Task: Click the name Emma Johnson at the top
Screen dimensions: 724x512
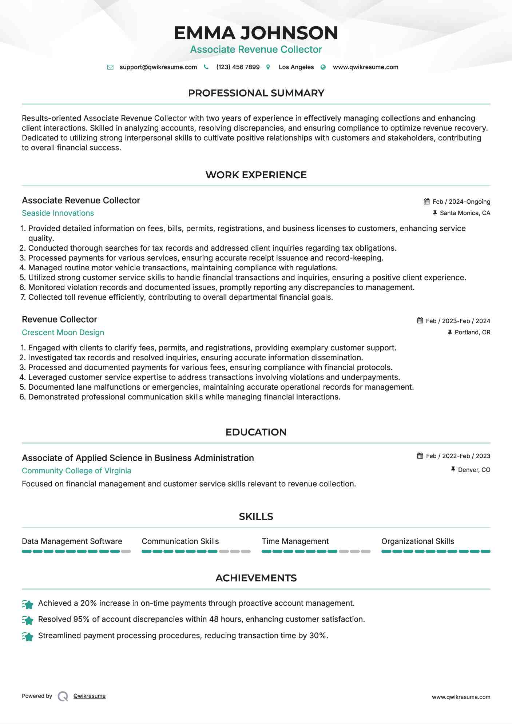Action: [256, 33]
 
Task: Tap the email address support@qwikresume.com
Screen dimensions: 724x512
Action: [158, 67]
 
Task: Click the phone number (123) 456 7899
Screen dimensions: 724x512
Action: [238, 67]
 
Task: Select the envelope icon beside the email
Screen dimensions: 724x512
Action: [110, 67]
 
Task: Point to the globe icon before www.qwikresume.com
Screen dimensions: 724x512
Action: [323, 67]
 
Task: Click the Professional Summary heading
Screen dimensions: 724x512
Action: [256, 93]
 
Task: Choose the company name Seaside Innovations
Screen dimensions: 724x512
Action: [58, 213]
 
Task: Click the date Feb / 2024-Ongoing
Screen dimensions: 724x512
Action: [461, 202]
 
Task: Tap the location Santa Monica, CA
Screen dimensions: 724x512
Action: [465, 213]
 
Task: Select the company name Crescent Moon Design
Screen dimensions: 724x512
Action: [63, 333]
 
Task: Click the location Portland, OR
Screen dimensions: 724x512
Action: [472, 332]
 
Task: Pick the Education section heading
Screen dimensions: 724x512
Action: [256, 432]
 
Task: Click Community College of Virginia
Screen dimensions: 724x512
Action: [76, 471]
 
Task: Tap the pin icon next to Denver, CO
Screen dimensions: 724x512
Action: [453, 470]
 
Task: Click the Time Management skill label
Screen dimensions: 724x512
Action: [295, 541]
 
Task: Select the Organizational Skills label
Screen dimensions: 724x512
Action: [417, 541]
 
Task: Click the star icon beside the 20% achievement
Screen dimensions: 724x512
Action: [28, 604]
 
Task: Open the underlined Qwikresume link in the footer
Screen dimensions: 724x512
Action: [90, 696]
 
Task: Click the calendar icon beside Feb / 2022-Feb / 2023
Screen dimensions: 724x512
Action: [420, 456]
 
